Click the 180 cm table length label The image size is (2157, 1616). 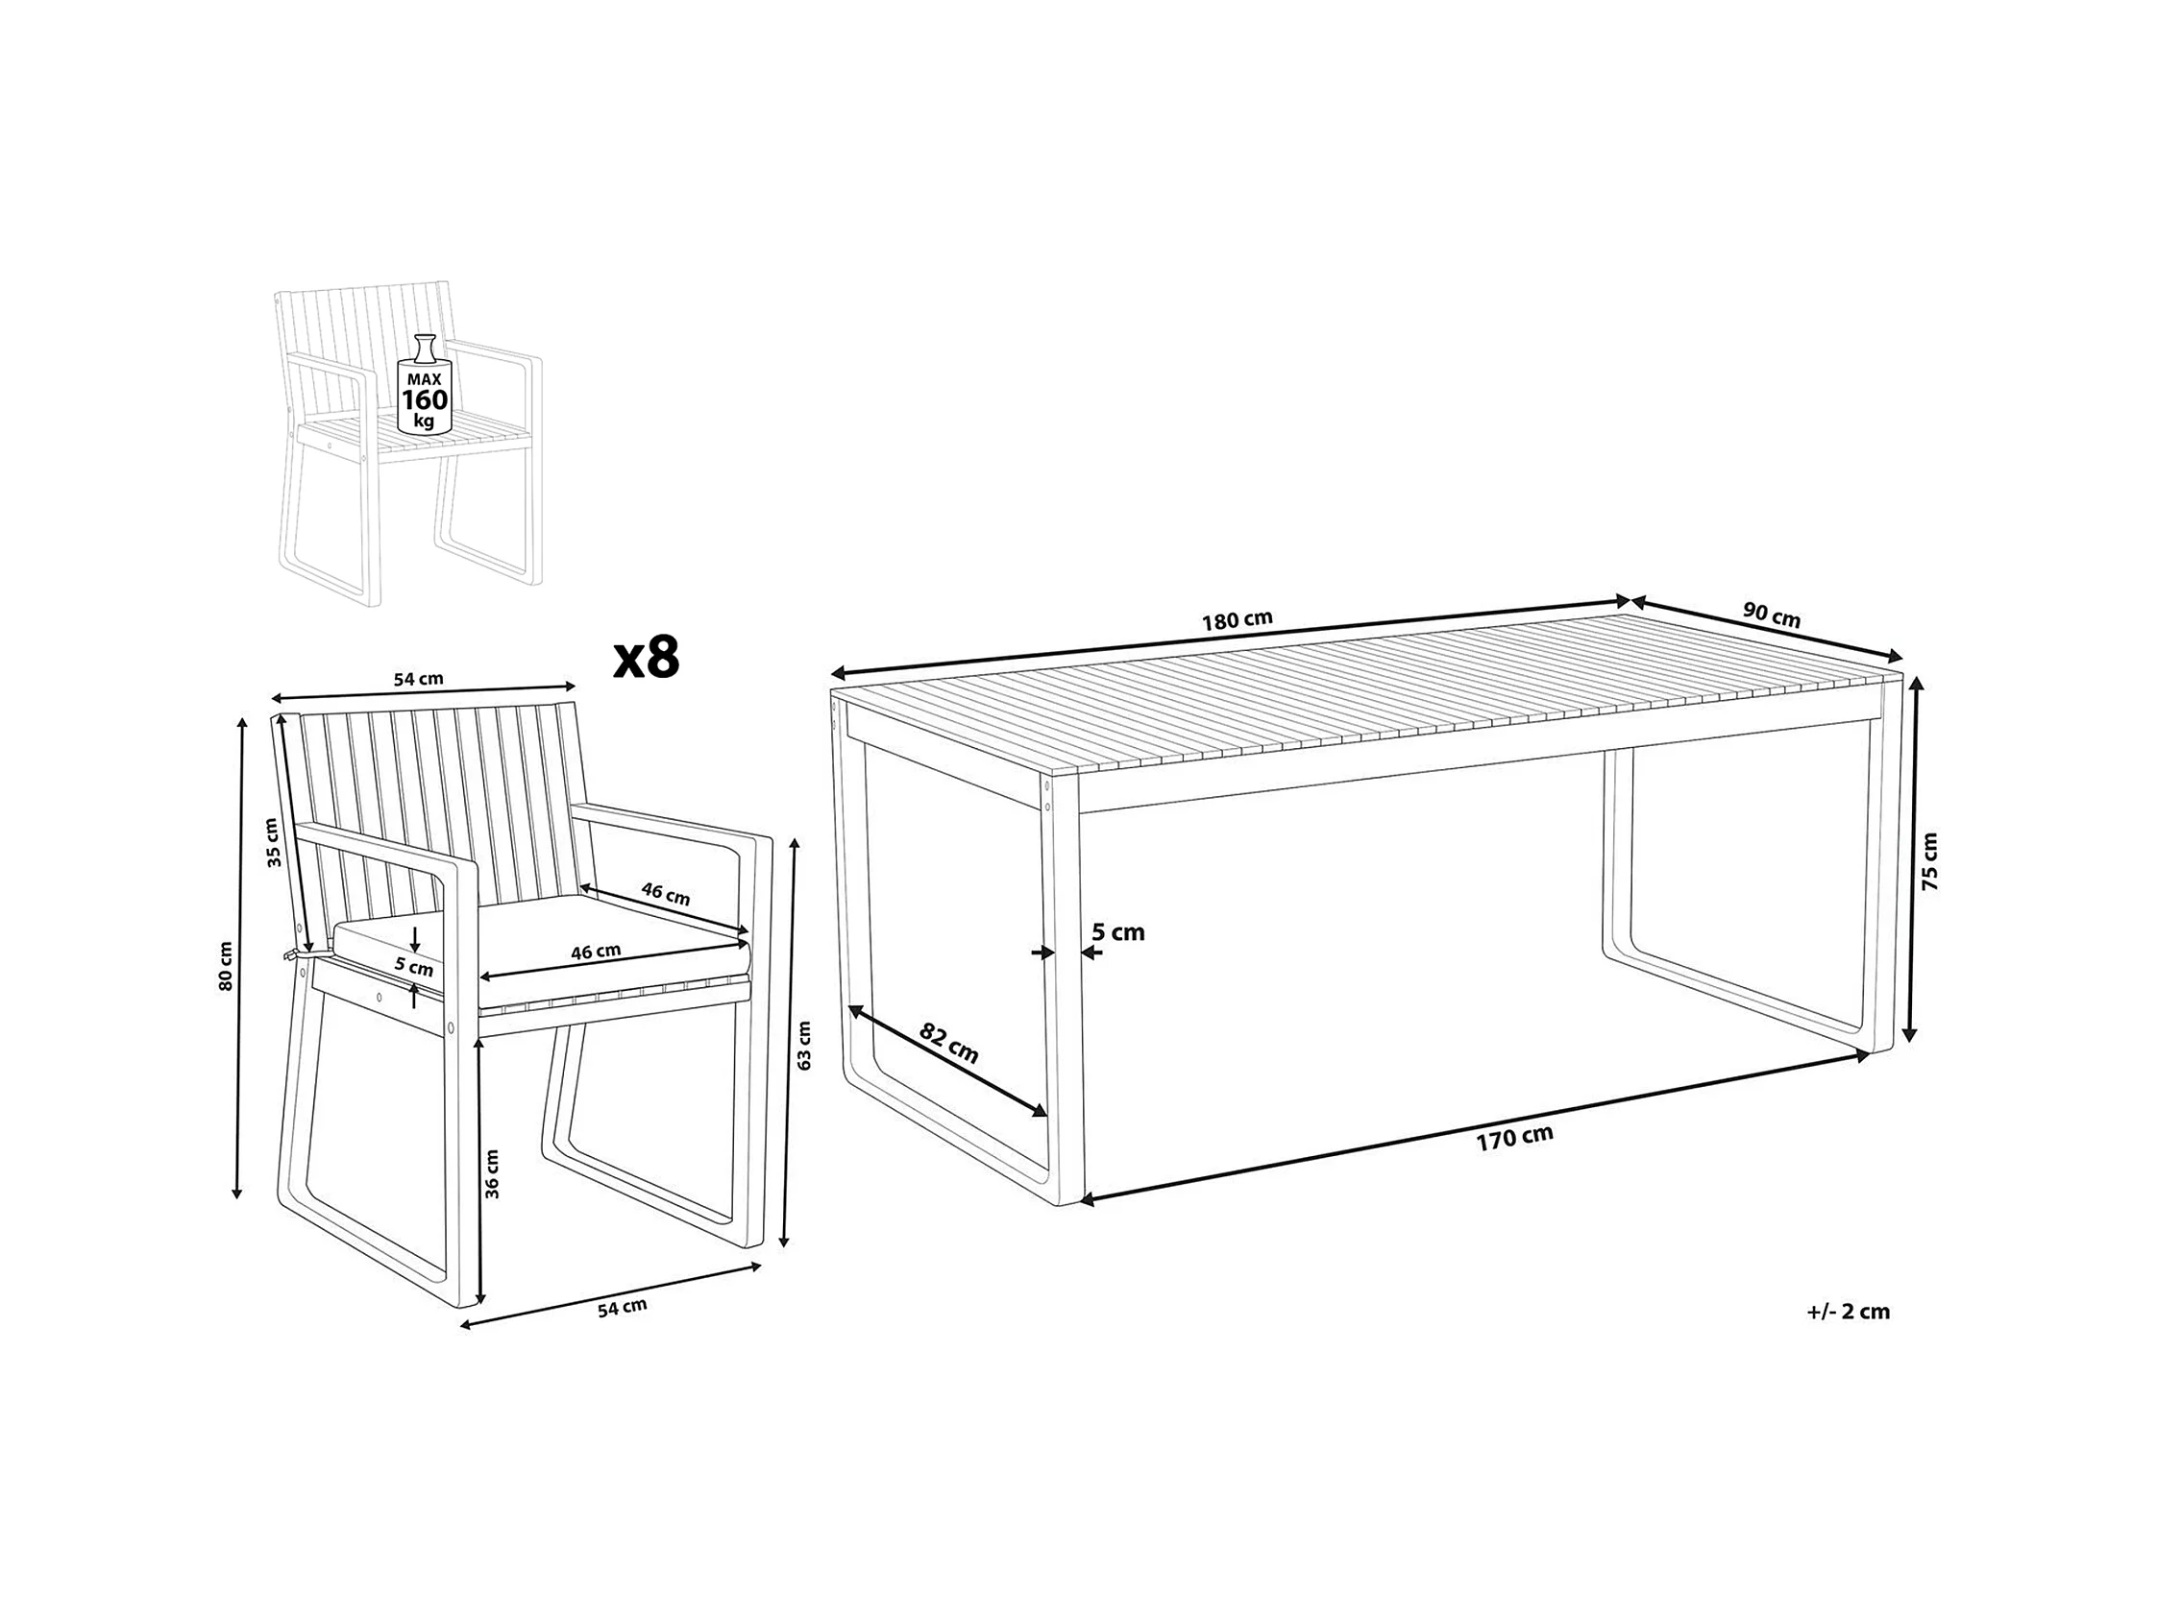point(1238,620)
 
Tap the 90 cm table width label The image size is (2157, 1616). point(1772,617)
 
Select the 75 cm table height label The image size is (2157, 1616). point(1929,861)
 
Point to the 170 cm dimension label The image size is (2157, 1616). point(1514,1139)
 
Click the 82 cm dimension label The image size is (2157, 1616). point(949,1045)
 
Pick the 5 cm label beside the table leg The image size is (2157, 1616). point(1117,932)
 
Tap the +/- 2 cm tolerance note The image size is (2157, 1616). point(1848,1312)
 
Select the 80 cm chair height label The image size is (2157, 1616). point(226,967)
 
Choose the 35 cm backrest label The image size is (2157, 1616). point(273,843)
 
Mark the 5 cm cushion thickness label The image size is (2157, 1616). point(413,968)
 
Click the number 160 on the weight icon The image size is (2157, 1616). point(426,399)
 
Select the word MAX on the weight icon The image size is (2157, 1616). point(424,379)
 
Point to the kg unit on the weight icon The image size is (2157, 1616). point(424,422)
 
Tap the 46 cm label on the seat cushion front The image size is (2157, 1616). point(596,952)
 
